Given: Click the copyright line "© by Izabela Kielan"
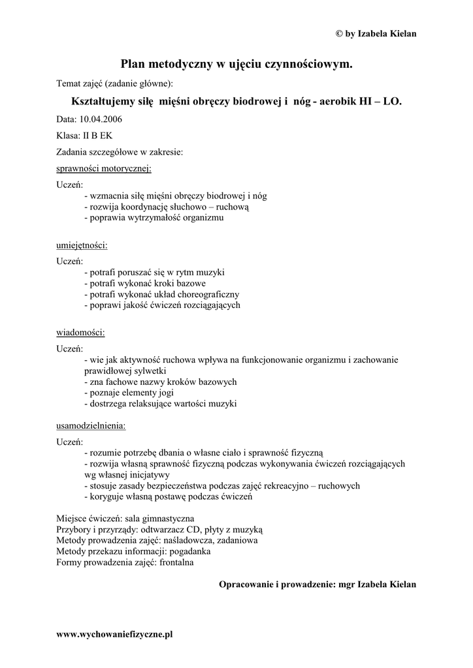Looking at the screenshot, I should (375, 34).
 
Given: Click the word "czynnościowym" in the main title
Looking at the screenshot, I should (306, 64).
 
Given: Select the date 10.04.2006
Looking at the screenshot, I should (101, 119).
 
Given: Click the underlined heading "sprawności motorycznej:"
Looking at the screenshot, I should (104, 168).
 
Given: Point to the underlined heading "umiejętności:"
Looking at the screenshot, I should (82, 245).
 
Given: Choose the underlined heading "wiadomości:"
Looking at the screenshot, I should (80, 332).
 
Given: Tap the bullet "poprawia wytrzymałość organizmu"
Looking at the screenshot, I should (154, 218).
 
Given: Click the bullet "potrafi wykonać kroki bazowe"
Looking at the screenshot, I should (145, 284).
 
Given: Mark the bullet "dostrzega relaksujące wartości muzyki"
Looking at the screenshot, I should (161, 404).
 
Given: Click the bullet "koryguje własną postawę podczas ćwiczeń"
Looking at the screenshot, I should (168, 496).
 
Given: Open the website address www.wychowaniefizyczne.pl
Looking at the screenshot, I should (115, 633).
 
